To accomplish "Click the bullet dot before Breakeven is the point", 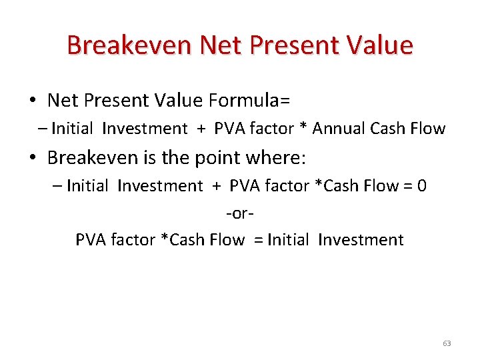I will point(33,158).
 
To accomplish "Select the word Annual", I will point(341,129).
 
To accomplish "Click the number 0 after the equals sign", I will point(421,186).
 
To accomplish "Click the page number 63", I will point(447,343).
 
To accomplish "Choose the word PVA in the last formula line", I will point(90,240).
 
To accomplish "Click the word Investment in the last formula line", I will point(361,240).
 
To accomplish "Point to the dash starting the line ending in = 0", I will point(57,187).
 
